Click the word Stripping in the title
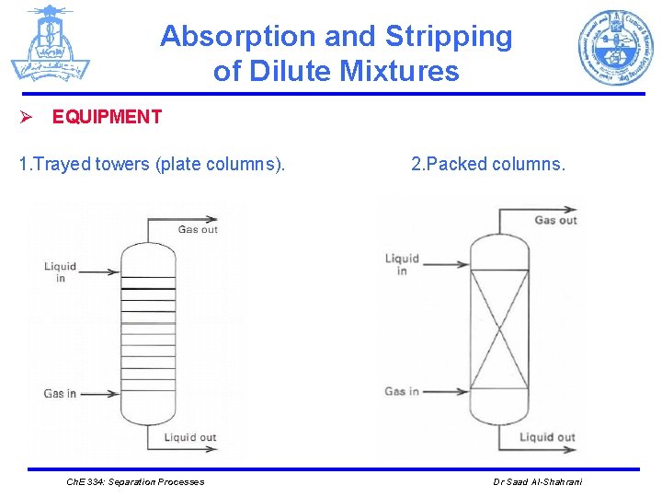pos(449,37)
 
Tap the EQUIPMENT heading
pos(107,117)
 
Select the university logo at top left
pos(50,43)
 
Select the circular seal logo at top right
pos(615,48)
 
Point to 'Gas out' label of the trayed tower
pos(198,229)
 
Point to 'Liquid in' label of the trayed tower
pos(61,272)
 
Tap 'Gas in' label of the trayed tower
pos(60,394)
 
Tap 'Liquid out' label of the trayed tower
pos(190,437)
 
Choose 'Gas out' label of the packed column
pos(555,220)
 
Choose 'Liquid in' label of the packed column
pos(402,264)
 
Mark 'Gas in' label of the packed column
pos(401,391)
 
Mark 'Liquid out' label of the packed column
pos(547,437)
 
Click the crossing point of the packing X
pos(499,329)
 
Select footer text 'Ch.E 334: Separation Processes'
pos(136,481)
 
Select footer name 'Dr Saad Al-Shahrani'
pos(538,481)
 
